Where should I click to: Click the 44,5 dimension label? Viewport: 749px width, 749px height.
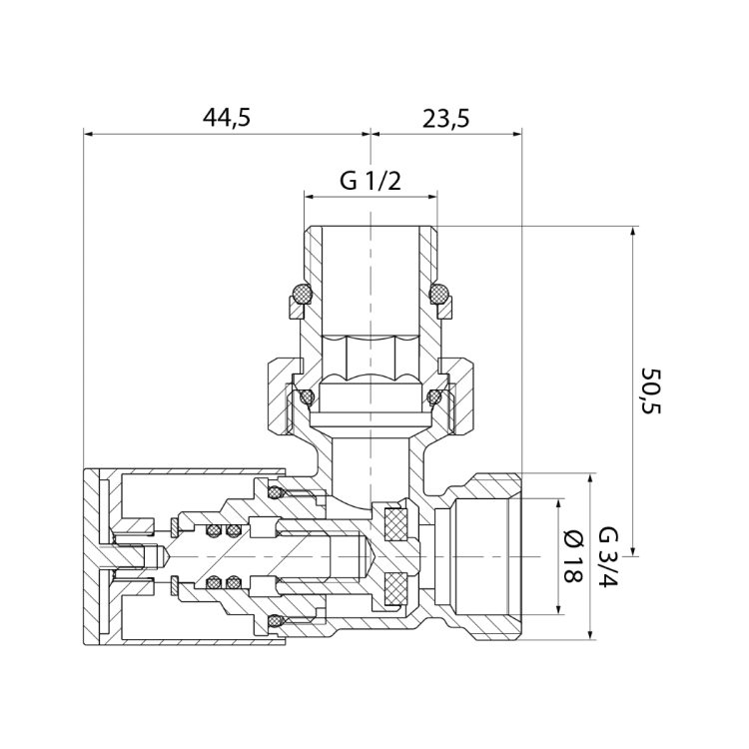[227, 118]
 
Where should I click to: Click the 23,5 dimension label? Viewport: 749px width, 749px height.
[445, 119]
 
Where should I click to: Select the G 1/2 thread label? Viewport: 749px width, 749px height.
[371, 181]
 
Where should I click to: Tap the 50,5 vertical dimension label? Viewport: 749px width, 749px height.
[650, 390]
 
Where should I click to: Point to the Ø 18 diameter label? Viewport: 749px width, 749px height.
[573, 556]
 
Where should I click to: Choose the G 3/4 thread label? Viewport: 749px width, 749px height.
[608, 557]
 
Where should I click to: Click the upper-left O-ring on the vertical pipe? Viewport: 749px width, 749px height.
[302, 293]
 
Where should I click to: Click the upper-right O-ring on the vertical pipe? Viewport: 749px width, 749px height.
[440, 293]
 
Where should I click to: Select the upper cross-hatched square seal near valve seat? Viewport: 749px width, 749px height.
[396, 524]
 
